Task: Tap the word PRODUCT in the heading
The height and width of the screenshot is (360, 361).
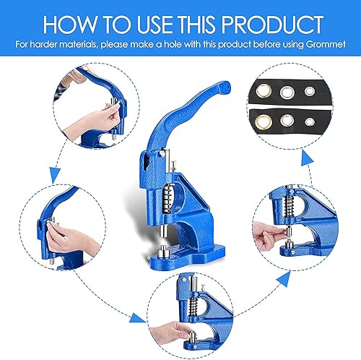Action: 272,25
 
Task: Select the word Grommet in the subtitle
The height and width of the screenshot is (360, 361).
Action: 326,44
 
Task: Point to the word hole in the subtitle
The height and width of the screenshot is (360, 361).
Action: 173,44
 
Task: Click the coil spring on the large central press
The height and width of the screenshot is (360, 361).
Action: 167,198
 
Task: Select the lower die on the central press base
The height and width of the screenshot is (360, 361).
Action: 162,252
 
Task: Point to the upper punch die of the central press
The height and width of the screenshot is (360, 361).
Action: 164,231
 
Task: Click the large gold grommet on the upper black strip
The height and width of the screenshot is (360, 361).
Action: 264,91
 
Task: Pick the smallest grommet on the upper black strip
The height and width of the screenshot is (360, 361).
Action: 309,91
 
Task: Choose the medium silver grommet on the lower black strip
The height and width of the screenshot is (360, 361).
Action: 287,120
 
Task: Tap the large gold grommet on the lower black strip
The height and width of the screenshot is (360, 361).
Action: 264,121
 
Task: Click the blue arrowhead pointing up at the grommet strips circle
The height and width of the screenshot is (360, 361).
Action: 307,158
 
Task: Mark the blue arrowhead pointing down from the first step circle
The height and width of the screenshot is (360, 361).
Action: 55,176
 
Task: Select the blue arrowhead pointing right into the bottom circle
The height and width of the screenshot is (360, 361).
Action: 137,318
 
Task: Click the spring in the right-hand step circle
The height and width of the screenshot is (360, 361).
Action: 289,206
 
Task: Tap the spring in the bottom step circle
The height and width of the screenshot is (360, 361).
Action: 193,307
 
